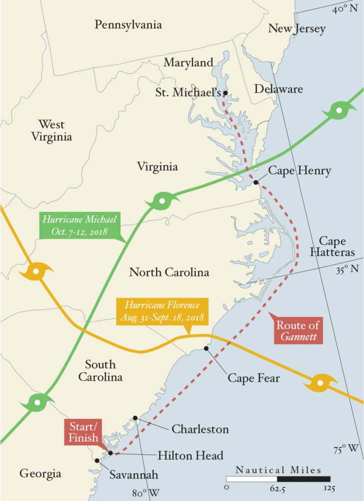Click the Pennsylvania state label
click(x=128, y=24)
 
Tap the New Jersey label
click(x=296, y=28)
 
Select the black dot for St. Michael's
click(x=225, y=92)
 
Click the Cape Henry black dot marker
click(x=256, y=182)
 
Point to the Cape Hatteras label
click(x=332, y=247)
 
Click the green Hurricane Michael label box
click(x=74, y=225)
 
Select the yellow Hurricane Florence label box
click(x=162, y=311)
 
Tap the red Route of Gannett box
click(x=298, y=331)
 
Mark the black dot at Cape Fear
click(x=206, y=348)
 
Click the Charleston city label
click(x=200, y=429)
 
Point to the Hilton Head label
click(x=190, y=455)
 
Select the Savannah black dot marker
click(x=97, y=460)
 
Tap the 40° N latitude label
click(x=345, y=9)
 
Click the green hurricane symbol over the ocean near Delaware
click(x=339, y=110)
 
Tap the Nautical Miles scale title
click(x=278, y=470)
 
